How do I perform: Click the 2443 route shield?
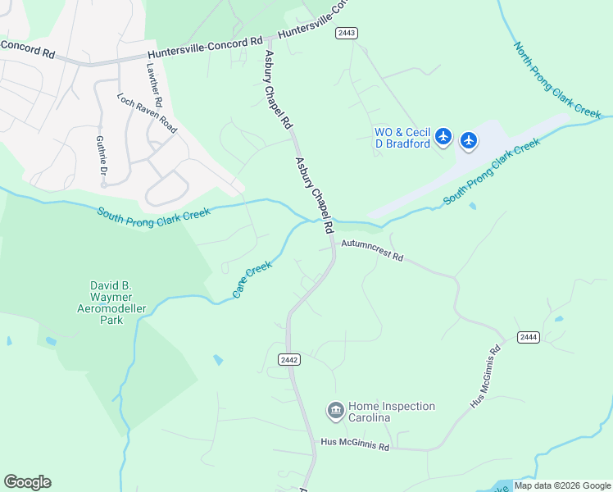tap(346, 33)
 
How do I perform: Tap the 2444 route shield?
tap(528, 337)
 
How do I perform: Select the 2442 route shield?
tap(288, 359)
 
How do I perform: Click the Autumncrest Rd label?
tap(372, 250)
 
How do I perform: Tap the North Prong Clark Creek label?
tap(557, 78)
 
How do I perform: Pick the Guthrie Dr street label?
tap(103, 157)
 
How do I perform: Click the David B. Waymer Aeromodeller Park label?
tap(111, 302)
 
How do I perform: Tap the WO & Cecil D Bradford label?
tap(402, 139)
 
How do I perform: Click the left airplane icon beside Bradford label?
tap(443, 136)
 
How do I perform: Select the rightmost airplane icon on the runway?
tap(469, 141)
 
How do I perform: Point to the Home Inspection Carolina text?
tap(392, 412)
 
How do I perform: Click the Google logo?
tap(27, 482)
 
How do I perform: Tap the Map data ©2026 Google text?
tap(562, 485)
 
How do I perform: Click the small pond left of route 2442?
tap(217, 359)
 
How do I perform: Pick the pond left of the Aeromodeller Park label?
tap(51, 340)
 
